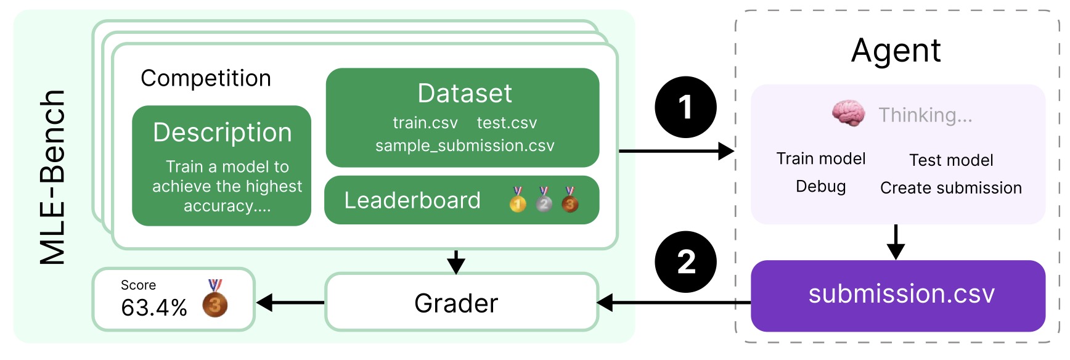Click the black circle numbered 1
tap(685, 107)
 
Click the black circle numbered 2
tap(685, 262)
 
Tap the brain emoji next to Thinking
tap(848, 113)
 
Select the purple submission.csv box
tap(897, 295)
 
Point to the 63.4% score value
tap(154, 307)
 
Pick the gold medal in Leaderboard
tap(518, 200)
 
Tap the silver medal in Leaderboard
tap(544, 200)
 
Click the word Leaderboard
tap(412, 200)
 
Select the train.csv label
tap(425, 123)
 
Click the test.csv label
tap(507, 123)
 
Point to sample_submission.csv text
tap(465, 145)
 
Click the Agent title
tap(896, 51)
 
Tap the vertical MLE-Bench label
tap(53, 178)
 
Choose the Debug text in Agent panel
tap(820, 186)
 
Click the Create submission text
tap(950, 188)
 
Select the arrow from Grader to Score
tap(290, 303)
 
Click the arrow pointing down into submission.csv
tap(896, 242)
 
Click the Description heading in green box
tap(222, 133)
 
